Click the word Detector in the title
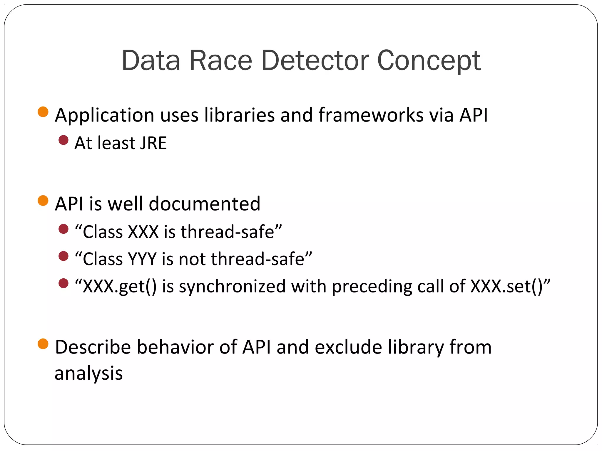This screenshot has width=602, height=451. [x=315, y=61]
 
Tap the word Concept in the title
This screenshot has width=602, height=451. [x=429, y=61]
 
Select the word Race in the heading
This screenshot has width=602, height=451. [x=221, y=61]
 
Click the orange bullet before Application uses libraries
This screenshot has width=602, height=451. [x=43, y=112]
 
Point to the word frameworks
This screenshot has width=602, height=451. [x=371, y=115]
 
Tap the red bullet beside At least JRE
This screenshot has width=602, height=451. [x=63, y=140]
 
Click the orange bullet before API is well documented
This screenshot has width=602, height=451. [x=43, y=201]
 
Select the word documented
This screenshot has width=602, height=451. [x=205, y=204]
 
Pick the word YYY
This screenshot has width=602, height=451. [x=142, y=259]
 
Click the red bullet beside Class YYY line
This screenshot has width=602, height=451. [x=63, y=256]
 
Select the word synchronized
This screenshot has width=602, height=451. [x=232, y=287]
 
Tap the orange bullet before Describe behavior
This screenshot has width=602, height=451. [x=43, y=344]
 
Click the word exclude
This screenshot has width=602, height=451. [x=348, y=347]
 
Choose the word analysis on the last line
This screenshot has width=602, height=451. [x=88, y=373]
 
